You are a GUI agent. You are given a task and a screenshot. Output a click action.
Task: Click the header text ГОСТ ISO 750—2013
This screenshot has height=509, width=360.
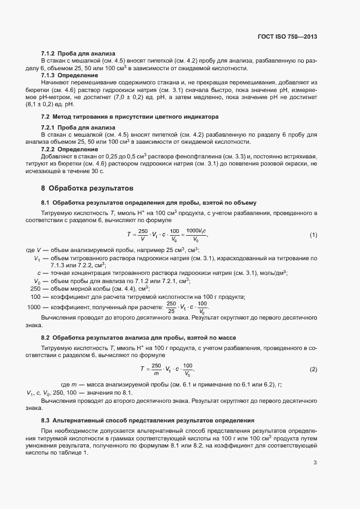click(286, 37)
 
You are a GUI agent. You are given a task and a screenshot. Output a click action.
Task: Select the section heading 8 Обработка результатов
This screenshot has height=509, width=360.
click(87, 188)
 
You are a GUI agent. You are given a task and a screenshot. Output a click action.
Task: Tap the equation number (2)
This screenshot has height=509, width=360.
click(313, 370)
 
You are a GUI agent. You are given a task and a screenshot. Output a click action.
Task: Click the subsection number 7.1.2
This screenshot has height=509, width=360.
click(48, 53)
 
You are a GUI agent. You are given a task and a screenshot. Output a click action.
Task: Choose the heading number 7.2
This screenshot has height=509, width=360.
click(46, 116)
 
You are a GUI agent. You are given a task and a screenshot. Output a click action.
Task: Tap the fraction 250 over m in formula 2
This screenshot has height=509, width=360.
click(157, 370)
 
